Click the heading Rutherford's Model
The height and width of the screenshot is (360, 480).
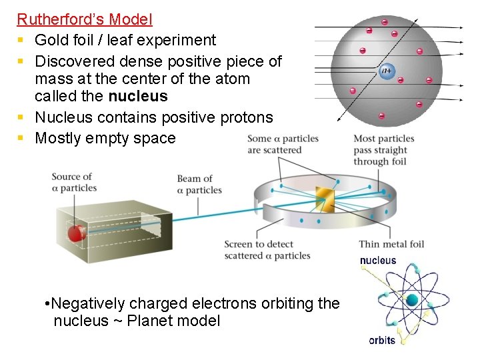pos(85,20)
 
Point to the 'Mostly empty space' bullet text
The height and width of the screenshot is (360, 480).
pos(105,138)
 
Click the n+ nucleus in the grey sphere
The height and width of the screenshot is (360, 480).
pos(387,69)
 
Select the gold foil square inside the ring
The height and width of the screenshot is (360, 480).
pos(325,197)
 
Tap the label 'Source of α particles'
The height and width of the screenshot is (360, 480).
pos(74,182)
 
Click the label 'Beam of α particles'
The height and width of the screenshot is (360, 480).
pos(199,184)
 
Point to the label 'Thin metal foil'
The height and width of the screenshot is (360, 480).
pos(391,244)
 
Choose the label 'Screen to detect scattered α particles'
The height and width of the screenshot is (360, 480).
pos(267,250)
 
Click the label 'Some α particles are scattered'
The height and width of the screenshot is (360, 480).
pos(283,144)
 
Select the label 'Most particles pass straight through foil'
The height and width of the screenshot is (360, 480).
pos(384,150)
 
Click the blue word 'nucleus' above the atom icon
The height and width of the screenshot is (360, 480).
pos(378,261)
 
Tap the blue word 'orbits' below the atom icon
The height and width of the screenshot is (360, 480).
pos(382,340)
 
